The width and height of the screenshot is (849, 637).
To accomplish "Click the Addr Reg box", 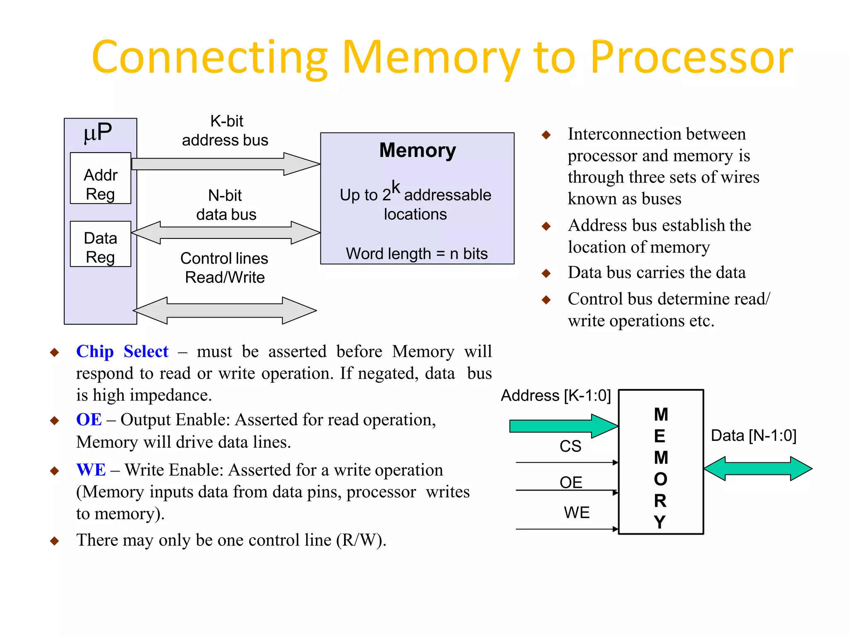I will point(100,178).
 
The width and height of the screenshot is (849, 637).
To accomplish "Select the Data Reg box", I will point(100,244).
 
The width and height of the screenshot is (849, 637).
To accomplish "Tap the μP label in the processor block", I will point(98,132).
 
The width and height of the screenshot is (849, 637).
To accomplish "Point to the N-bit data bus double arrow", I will point(226,233).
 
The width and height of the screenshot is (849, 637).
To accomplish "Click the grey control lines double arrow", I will point(225,310).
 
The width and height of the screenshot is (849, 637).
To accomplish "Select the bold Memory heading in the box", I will point(417,150).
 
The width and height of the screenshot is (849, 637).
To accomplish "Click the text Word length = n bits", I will point(417,253).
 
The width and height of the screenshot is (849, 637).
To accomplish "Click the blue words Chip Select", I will point(122,352).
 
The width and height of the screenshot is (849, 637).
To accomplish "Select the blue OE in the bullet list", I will point(89,420).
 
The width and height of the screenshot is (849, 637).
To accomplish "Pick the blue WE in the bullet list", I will point(91,470).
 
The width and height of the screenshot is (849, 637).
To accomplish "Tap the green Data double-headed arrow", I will point(758,469).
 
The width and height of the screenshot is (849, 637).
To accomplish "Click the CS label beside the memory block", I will point(570,446).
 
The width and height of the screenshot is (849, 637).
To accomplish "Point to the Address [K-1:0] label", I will point(555,396).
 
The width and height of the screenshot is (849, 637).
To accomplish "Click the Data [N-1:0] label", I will point(753,435).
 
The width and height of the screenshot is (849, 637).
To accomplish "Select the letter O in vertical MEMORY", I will point(660,479).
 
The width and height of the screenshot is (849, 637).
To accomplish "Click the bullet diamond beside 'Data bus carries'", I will point(546,273).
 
